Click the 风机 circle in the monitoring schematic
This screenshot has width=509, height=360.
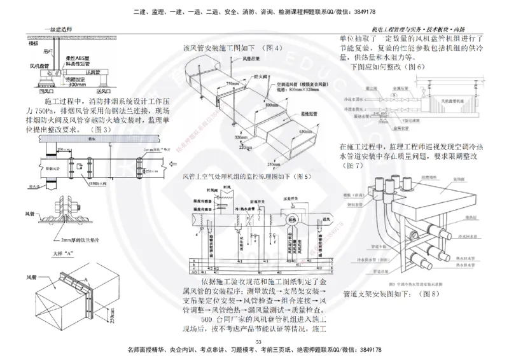[x=293, y=220]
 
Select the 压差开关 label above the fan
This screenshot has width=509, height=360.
[x=298, y=198]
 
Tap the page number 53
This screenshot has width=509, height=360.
[x=258, y=343]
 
